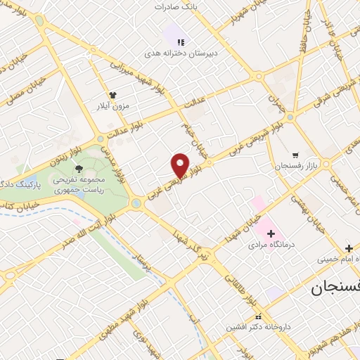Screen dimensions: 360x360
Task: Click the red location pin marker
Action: (x=180, y=165)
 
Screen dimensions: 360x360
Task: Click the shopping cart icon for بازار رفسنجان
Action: (x=296, y=154)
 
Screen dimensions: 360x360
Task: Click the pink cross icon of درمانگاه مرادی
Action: (x=270, y=233)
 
